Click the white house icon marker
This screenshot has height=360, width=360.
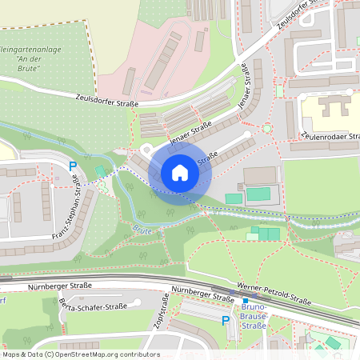click(180, 172)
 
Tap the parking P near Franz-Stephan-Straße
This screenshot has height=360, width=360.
click(73, 166)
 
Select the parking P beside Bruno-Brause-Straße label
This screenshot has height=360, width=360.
click(226, 319)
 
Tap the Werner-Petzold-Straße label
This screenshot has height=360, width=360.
click(274, 295)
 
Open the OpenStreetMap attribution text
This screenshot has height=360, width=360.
click(80, 354)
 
